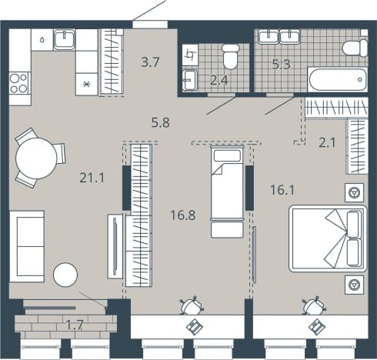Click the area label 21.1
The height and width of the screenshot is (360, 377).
click(x=92, y=178)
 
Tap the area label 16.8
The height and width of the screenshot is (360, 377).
click(x=183, y=215)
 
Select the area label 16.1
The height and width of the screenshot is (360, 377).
click(x=282, y=190)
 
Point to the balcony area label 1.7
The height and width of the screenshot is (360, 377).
click(x=75, y=325)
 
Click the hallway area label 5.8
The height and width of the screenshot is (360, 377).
click(x=161, y=122)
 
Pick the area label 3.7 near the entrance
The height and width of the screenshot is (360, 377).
click(x=151, y=62)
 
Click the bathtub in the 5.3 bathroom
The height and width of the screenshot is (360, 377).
click(x=338, y=79)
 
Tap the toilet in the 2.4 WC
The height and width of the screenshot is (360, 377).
click(x=231, y=56)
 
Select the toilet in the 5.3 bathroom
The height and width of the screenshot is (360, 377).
click(x=355, y=48)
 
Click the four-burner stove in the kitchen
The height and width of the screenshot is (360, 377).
click(x=18, y=83)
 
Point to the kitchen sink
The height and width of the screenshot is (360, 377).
click(x=65, y=39)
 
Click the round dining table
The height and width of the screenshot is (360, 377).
click(x=36, y=158)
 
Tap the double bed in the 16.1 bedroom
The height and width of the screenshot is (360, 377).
click(x=328, y=238)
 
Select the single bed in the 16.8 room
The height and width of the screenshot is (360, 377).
click(x=227, y=192)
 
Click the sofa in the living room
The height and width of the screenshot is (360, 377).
click(x=27, y=246)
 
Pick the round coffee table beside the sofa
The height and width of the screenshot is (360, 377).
click(x=65, y=275)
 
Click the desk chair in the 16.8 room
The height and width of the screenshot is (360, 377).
click(x=192, y=305)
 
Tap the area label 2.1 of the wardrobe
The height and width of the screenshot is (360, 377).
click(x=327, y=142)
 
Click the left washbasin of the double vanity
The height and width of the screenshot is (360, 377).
click(x=269, y=37)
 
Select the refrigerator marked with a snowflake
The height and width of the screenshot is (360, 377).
click(x=87, y=84)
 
